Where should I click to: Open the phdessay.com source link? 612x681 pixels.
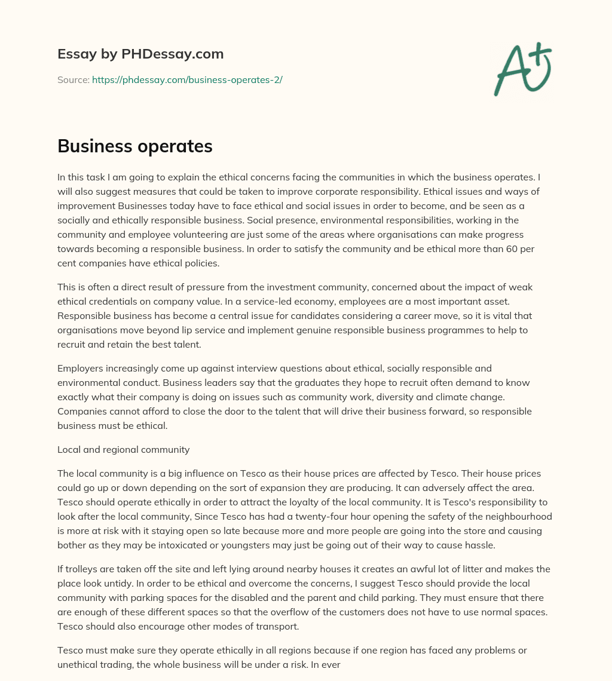(187, 79)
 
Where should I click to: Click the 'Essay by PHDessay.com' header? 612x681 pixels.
(140, 54)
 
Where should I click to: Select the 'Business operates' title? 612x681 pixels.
(135, 146)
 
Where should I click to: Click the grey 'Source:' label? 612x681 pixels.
(73, 79)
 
